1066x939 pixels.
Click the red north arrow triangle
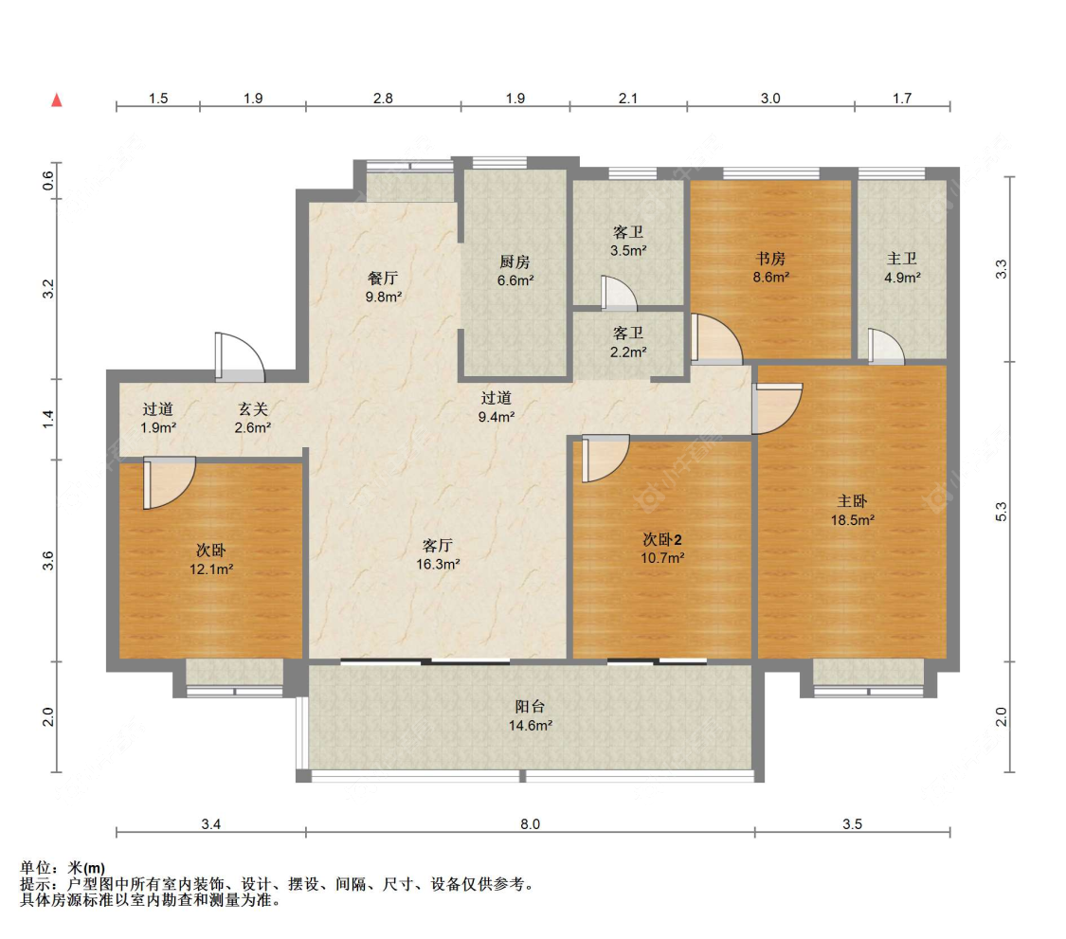[x=57, y=99]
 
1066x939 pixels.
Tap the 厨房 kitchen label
[x=515, y=262]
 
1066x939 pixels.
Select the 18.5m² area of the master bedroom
[x=852, y=520]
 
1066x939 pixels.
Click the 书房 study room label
[x=770, y=259]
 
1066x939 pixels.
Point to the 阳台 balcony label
[x=530, y=707]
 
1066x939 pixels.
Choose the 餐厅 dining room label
[x=383, y=278]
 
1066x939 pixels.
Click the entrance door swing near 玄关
[x=240, y=356]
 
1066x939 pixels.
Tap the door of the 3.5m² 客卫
[x=619, y=293]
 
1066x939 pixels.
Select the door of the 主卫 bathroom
[x=886, y=346]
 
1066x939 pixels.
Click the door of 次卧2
[x=605, y=459]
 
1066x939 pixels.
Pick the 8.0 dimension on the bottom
[x=531, y=824]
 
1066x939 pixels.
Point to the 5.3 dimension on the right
[x=1001, y=512]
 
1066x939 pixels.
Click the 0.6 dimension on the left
[x=47, y=180]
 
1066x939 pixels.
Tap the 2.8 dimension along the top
[x=383, y=99]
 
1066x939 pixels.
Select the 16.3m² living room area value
[x=438, y=565]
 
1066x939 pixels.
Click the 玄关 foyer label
[x=253, y=409]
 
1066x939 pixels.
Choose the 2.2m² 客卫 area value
[x=628, y=352]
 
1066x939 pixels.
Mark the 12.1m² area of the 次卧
[x=211, y=569]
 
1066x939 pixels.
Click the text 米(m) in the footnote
[x=85, y=868]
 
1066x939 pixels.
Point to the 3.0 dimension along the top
[x=770, y=99]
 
